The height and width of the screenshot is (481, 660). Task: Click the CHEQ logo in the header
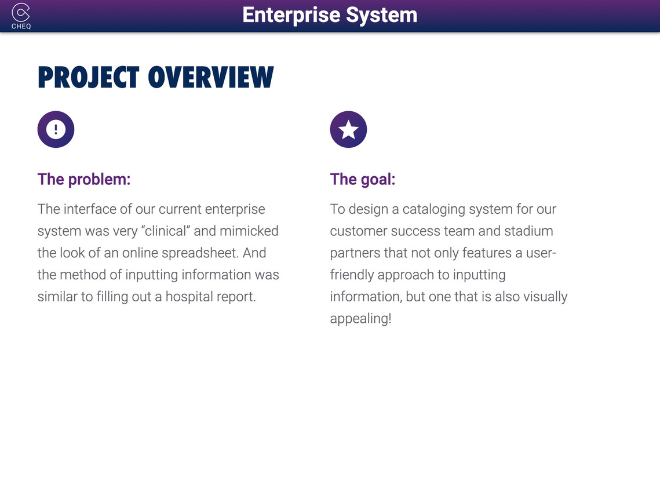tap(21, 16)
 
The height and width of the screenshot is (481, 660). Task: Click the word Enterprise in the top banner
tap(291, 16)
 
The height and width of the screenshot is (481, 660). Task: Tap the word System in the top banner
tap(381, 16)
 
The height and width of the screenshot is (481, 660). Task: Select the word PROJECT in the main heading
tap(89, 78)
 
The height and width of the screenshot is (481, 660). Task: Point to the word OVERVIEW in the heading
tap(211, 78)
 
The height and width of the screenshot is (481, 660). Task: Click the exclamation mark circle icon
tap(56, 129)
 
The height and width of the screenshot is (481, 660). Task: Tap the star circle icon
tap(348, 129)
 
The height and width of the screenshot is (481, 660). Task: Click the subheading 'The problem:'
tap(84, 179)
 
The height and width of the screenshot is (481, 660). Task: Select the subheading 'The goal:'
tap(363, 180)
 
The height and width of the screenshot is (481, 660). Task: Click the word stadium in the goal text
tap(528, 231)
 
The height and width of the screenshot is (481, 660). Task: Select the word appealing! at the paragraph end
tap(361, 319)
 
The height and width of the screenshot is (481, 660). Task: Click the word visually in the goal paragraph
tap(545, 297)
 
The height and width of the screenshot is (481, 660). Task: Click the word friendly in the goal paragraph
tap(352, 275)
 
